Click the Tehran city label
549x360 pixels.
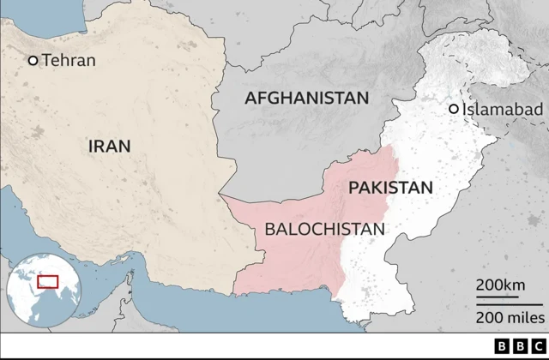tap(69, 60)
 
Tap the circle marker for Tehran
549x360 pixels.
tap(33, 60)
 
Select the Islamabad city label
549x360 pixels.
tap(503, 109)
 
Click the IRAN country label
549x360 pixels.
tap(110, 146)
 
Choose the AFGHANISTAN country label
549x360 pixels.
tap(306, 98)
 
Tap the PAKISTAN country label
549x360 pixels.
tap(390, 187)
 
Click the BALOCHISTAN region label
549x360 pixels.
tap(325, 229)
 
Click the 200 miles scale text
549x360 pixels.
tap(510, 317)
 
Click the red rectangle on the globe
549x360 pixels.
tap(47, 281)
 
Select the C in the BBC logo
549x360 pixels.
tap(538, 347)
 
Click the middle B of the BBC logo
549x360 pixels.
tap(520, 347)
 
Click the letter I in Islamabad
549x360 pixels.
tap(465, 109)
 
